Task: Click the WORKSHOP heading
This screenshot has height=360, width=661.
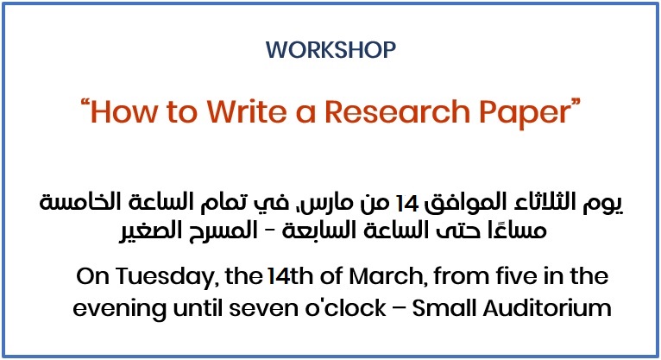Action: [x=330, y=50]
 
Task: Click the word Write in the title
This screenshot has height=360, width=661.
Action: [x=247, y=111]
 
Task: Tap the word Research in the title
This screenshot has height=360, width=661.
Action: [x=397, y=111]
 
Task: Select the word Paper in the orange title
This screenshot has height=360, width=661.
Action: [x=525, y=113]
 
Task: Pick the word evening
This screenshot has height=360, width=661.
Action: [x=119, y=309]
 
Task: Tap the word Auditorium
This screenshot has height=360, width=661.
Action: [x=547, y=307]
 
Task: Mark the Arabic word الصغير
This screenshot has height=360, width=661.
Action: [x=150, y=232]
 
